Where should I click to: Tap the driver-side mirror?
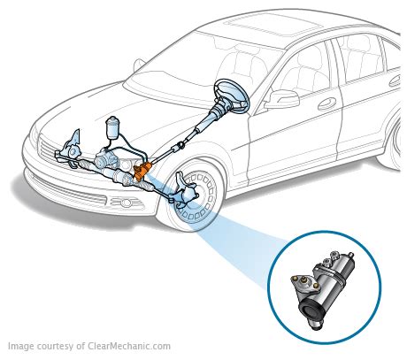point(285,97)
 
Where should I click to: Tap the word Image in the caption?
point(23,348)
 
